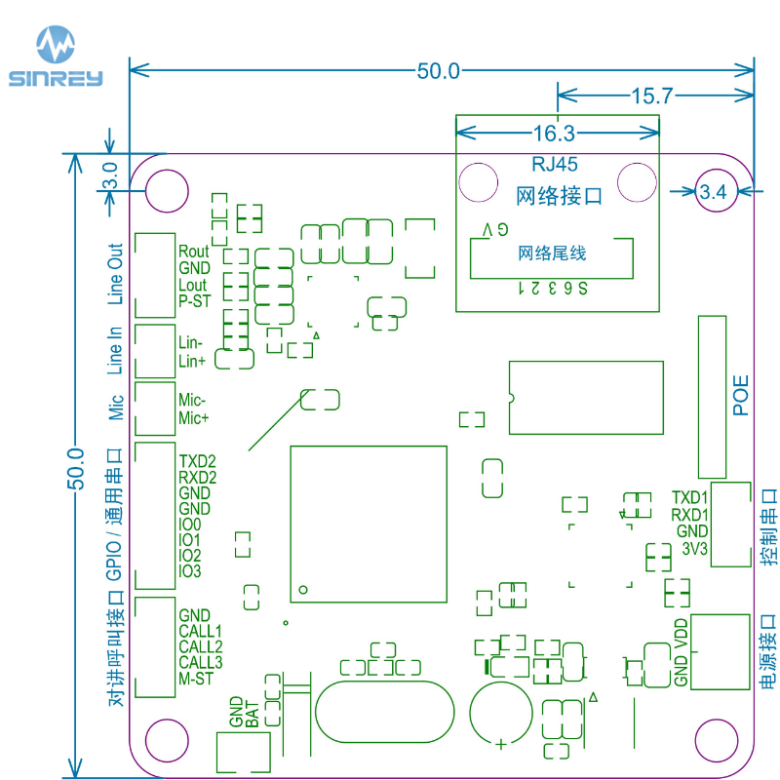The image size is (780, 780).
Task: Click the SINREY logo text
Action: [56, 79]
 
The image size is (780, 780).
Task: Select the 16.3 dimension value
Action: [554, 133]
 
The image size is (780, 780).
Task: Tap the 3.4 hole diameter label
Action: [714, 192]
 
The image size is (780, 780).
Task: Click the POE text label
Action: [741, 396]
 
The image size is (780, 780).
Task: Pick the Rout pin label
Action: [194, 253]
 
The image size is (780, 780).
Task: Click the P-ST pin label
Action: [195, 301]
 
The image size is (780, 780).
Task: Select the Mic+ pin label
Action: [193, 418]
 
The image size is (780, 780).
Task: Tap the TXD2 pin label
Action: [197, 461]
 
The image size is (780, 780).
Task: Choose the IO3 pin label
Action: [189, 570]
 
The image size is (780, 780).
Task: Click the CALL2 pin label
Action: [201, 646]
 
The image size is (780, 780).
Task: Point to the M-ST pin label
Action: [196, 679]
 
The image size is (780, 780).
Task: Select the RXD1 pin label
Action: [689, 515]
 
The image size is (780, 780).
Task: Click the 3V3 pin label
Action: [695, 548]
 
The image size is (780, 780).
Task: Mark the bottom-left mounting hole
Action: [166, 741]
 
